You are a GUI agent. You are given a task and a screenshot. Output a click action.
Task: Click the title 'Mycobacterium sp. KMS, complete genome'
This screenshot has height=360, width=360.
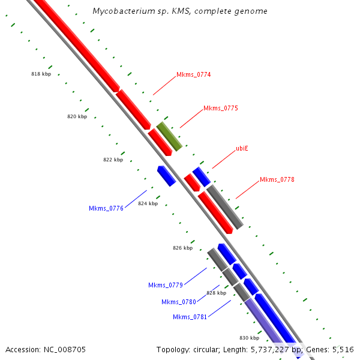pos(180,11)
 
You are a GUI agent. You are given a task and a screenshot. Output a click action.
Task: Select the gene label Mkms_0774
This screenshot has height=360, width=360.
pos(193,75)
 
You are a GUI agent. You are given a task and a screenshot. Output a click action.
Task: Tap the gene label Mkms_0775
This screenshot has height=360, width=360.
pos(220,109)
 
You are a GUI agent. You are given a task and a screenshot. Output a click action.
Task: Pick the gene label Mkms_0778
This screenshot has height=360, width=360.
pos(277,180)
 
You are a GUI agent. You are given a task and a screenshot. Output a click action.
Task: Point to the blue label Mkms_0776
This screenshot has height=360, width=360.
pos(106,209)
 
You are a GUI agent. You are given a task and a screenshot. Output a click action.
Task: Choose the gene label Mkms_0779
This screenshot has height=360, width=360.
pos(166,286)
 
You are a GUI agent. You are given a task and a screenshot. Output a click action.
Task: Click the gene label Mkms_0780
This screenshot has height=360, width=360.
pos(179,302)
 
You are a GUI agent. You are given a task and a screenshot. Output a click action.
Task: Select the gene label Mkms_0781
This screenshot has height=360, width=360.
pos(190,317)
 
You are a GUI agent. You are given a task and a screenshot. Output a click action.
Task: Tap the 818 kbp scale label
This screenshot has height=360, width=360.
pos(41,74)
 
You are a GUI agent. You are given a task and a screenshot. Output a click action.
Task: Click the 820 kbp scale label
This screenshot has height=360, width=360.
pos(77,117)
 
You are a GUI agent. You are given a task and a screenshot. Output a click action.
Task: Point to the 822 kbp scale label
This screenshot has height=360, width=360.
pos(113,160)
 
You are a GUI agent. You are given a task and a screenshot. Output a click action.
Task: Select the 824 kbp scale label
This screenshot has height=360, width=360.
pos(148,204)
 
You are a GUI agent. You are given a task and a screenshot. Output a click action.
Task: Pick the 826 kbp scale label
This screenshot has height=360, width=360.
pos(182,248)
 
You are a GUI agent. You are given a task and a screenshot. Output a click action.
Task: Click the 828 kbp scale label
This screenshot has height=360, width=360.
pos(216,293)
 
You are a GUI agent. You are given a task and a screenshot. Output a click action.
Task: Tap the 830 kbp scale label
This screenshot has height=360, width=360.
pos(249,338)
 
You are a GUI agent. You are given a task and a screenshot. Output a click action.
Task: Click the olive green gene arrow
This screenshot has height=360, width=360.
pos(169,136)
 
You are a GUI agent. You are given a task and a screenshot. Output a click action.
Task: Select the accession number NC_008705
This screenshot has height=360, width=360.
pos(66,349)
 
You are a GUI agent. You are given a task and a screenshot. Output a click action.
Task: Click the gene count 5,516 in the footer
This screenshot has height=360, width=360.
pos(344,349)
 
